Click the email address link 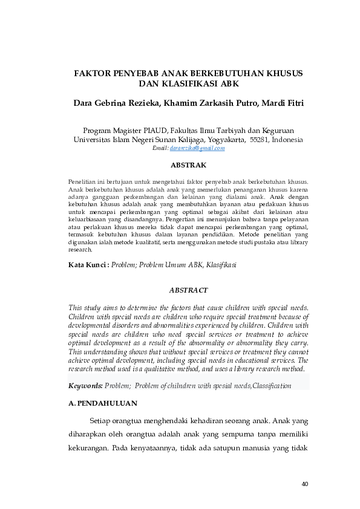coord(197,148)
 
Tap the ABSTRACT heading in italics coord(188,290)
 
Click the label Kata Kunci coord(87,265)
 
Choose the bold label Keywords coord(85,386)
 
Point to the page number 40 coord(304,484)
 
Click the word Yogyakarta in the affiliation coord(222,139)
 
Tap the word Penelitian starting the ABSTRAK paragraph coord(84,181)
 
